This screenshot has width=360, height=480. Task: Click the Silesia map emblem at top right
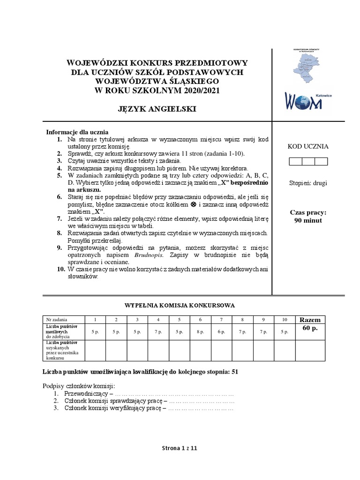(308, 67)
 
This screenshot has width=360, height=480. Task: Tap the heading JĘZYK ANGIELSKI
(157, 109)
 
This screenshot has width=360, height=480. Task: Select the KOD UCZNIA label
(308, 146)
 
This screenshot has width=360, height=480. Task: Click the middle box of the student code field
(308, 162)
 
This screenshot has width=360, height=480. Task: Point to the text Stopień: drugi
(308, 183)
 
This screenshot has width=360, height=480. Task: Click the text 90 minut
(308, 220)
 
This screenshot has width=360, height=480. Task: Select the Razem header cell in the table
(310, 320)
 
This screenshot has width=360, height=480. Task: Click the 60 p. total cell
(310, 328)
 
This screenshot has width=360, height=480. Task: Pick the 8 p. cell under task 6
(200, 331)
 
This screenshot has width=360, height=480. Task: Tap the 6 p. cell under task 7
(221, 331)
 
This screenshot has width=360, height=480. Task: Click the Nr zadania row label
(57, 320)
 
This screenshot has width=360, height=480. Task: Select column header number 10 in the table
(284, 320)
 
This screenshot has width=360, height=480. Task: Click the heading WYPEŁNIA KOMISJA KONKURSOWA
(179, 305)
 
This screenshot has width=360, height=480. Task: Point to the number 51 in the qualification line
(235, 372)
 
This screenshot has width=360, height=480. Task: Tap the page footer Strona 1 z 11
(180, 448)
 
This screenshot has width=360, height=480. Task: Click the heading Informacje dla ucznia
(77, 132)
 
